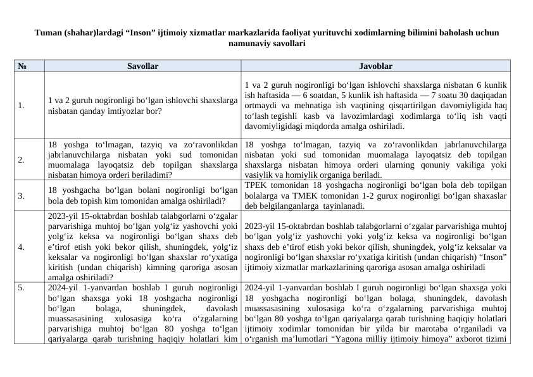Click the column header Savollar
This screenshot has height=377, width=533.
point(142,66)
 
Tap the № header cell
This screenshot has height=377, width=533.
point(22,66)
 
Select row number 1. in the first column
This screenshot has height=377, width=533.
point(22,106)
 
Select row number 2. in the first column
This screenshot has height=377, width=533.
point(22,160)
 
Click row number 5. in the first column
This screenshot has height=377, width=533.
point(22,287)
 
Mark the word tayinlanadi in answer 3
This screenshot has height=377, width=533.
point(343,206)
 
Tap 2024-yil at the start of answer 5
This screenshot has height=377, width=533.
point(260,287)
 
